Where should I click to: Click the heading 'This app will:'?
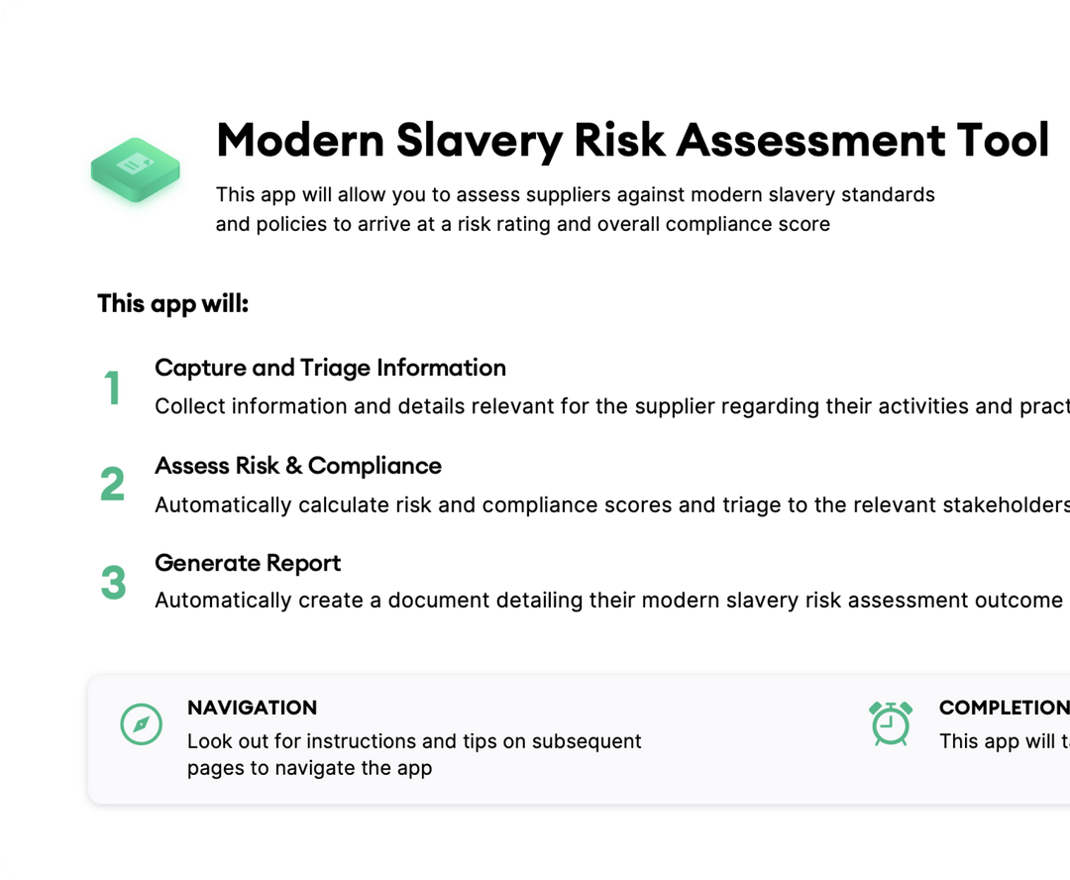point(172,303)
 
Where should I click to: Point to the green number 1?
point(113,387)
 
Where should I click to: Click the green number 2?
point(113,485)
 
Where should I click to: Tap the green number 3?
point(113,583)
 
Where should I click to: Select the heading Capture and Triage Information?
point(330,368)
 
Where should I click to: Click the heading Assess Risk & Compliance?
point(298,466)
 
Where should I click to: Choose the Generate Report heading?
point(248,563)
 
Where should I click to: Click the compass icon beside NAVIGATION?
point(141,724)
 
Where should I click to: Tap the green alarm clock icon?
point(891,722)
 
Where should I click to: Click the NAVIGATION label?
point(252,708)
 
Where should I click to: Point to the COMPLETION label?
point(1003,708)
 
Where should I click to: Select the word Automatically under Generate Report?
point(224,601)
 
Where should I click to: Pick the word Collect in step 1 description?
point(187,406)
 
